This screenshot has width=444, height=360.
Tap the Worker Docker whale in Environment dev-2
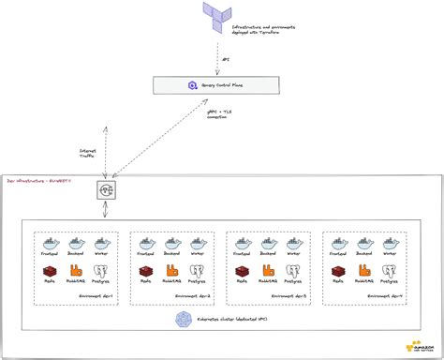click(x=198, y=241)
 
